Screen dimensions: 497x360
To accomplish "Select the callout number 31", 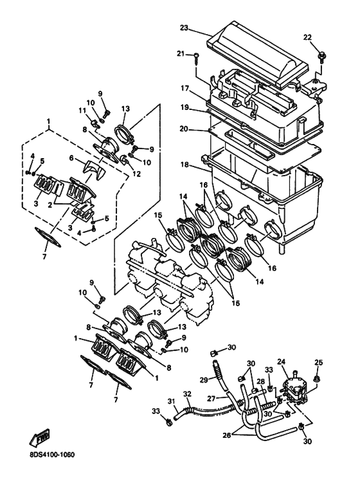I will [x=171, y=402].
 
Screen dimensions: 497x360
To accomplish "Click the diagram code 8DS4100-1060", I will [x=52, y=455].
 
